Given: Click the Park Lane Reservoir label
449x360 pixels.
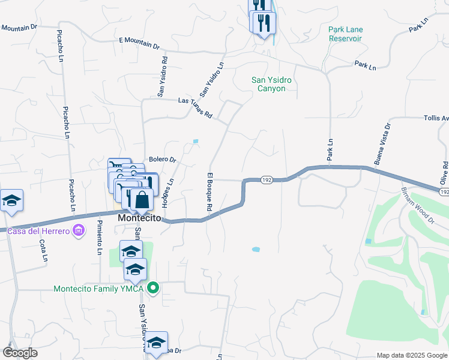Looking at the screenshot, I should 346,34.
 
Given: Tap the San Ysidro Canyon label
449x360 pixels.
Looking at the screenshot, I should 268,83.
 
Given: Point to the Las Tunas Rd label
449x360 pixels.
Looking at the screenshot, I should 196,107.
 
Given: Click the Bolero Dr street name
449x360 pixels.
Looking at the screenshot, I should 162,160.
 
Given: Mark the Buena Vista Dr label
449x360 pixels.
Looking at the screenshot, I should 382,145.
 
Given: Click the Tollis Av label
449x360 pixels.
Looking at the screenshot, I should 436,118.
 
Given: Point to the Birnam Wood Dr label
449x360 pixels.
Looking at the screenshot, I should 418,206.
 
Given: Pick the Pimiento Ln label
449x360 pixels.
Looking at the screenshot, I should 99,238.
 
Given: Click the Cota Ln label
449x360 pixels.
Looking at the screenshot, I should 43,251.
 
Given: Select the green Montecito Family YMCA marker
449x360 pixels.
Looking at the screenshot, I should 153,289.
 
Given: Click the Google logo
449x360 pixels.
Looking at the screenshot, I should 20,352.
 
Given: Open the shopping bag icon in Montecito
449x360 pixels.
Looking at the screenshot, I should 141,200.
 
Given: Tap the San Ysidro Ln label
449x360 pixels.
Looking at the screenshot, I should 212,80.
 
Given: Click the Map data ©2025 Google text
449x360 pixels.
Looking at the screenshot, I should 411,355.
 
